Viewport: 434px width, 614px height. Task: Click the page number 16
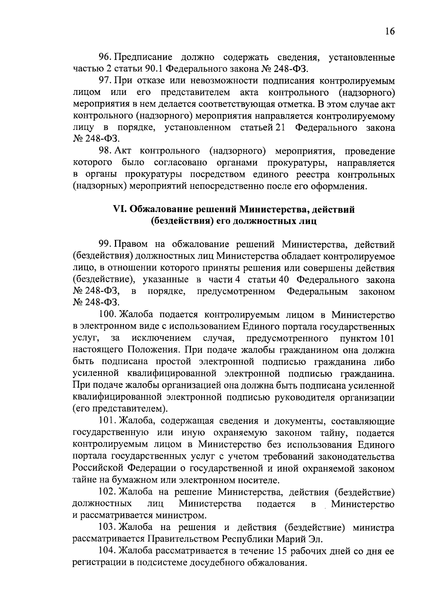[x=390, y=31]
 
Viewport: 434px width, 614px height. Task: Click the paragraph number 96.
[x=105, y=57]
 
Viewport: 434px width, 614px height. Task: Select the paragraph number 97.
[x=105, y=81]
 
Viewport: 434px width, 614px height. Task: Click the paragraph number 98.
[x=105, y=151]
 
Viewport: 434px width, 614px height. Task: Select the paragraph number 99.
[x=105, y=245]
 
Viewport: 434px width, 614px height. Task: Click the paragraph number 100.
[x=107, y=315]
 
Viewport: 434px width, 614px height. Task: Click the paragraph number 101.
[x=107, y=421]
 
